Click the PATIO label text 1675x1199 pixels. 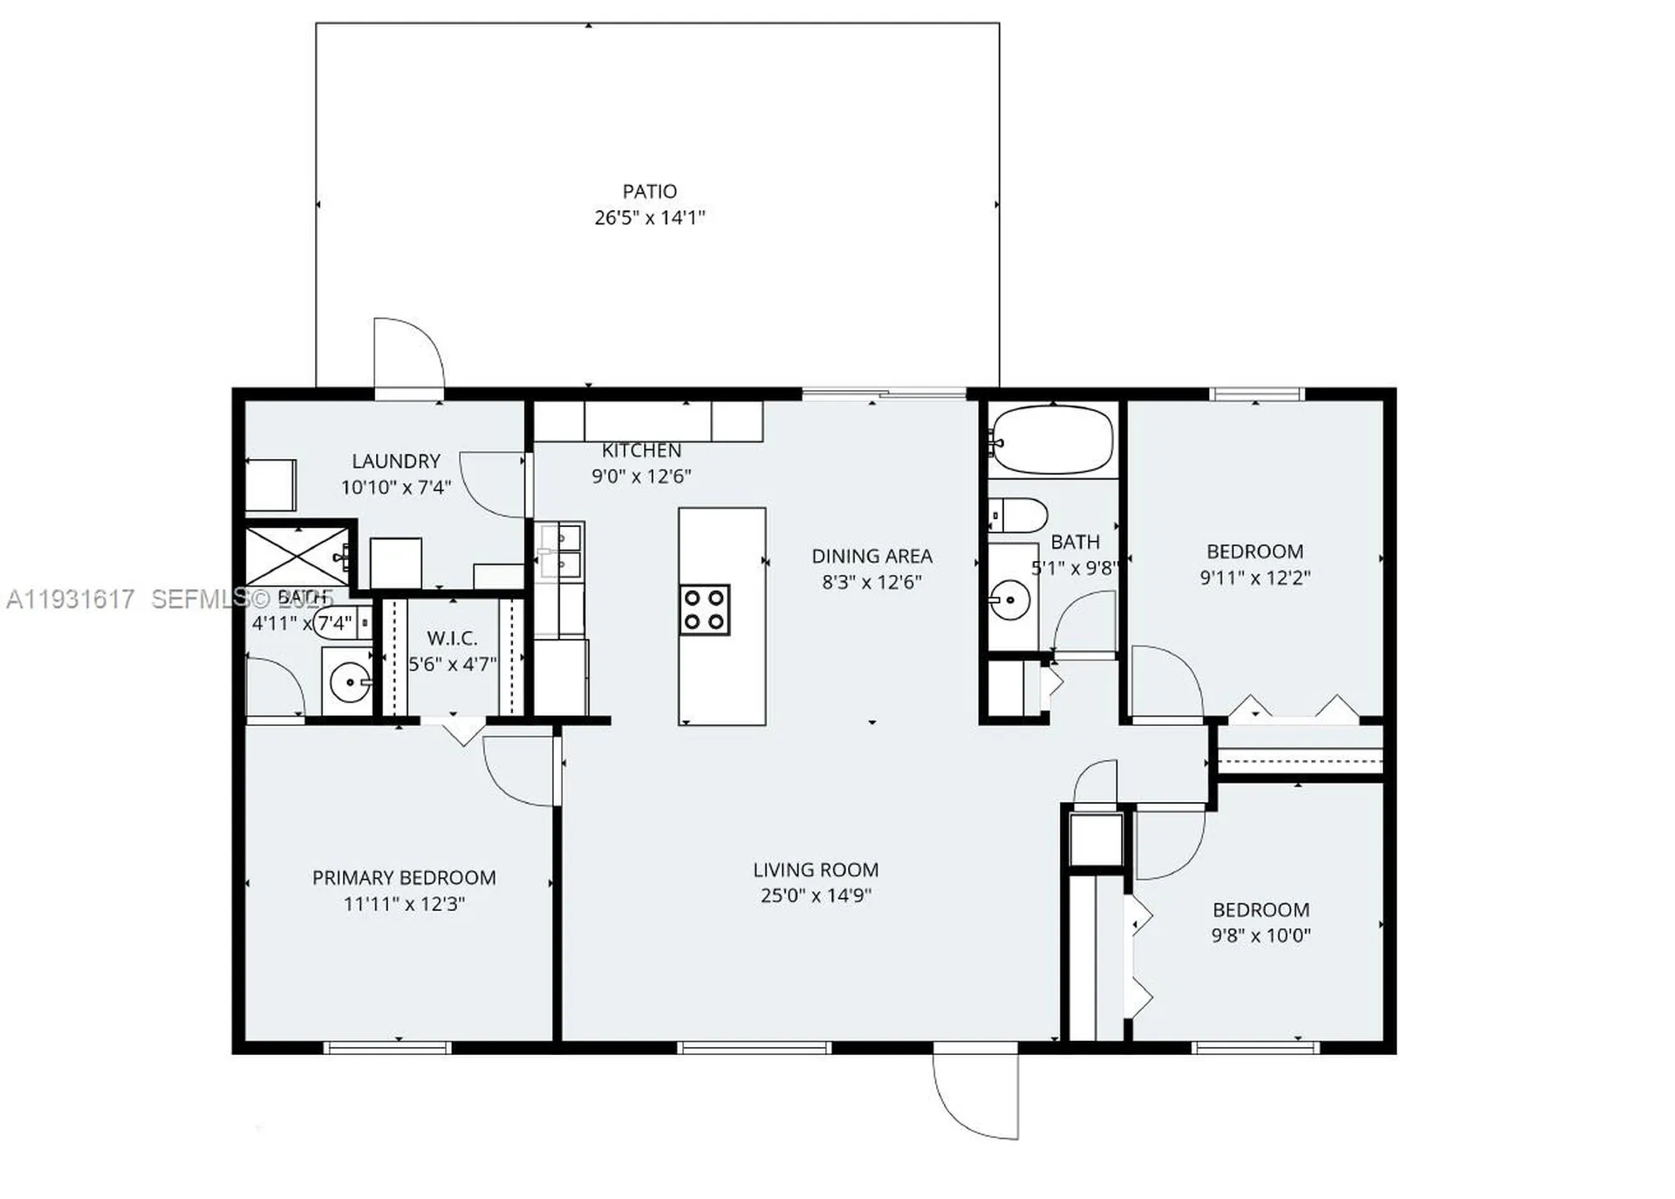pos(649,191)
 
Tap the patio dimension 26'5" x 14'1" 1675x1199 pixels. pos(649,217)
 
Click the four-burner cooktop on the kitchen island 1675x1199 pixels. pos(704,609)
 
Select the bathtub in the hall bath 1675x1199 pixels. pos(1052,440)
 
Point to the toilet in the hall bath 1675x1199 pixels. pos(1019,515)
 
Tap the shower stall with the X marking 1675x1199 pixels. pos(297,555)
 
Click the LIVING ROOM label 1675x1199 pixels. pos(816,869)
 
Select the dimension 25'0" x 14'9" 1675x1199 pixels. pos(816,895)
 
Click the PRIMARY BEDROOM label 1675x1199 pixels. pos(404,877)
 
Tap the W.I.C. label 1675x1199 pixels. pos(452,638)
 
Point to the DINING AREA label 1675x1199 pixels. pos(872,556)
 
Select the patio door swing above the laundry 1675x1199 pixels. pos(408,353)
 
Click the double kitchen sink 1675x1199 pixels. pos(559,552)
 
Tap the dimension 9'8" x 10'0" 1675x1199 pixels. pos(1261,935)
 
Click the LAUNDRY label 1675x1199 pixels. pos(396,461)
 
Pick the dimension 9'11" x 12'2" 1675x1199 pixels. pos(1255,578)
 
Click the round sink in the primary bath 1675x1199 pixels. pos(351,682)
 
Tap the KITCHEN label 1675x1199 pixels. pos(641,450)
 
